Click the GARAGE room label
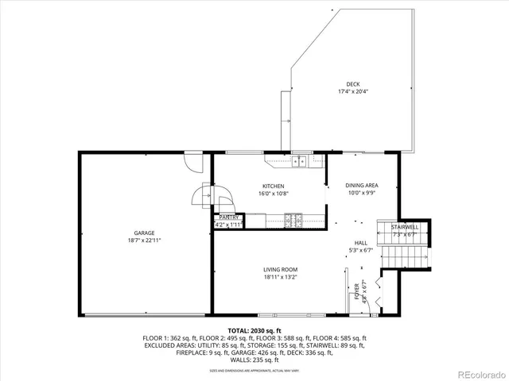coord(143,233)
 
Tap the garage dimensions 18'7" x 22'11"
coord(143,240)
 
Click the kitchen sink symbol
coord(300,162)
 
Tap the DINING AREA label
coord(361,185)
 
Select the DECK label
coord(352,84)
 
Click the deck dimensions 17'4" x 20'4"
coord(352,91)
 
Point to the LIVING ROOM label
coord(280,270)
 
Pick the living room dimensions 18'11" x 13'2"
coord(280,278)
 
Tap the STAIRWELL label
coord(404,227)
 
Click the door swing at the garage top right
coord(191,163)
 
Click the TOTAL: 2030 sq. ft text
coord(254,330)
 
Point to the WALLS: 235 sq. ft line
coord(254,360)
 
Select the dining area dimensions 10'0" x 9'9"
coord(361,193)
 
